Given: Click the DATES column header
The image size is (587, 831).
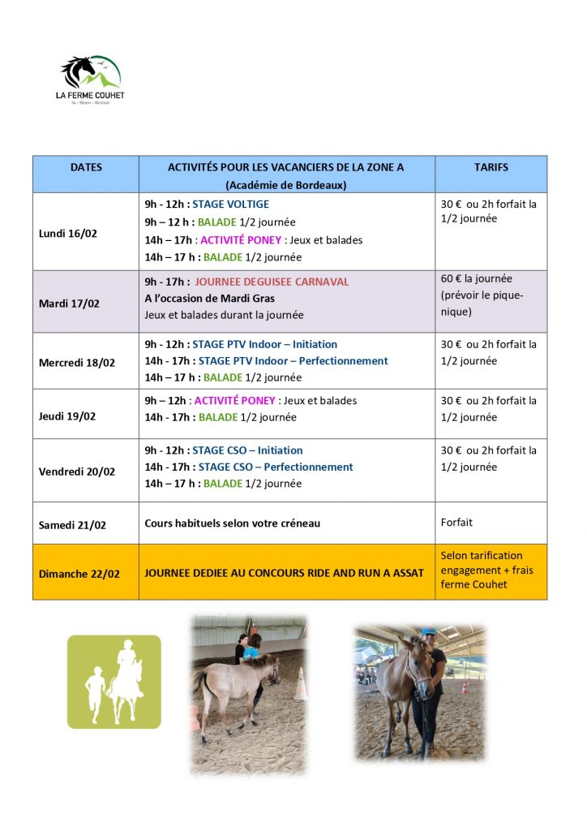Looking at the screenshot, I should [86, 167].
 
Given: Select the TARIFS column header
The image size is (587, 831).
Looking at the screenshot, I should [491, 167].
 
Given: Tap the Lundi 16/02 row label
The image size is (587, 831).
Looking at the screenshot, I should [68, 234].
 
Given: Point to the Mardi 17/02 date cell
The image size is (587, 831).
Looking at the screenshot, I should [69, 304].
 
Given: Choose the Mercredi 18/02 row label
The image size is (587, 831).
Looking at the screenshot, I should [77, 363].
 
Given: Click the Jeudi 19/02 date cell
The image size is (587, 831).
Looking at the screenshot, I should [67, 416].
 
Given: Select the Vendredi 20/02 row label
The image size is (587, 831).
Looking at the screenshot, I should [77, 471].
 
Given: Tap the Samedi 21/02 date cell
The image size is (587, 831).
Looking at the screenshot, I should [72, 525].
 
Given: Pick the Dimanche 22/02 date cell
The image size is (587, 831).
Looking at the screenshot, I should [79, 574].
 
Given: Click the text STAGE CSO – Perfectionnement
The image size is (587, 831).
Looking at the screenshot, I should [276, 467].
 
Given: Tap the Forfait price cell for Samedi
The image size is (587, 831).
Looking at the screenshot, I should [456, 523].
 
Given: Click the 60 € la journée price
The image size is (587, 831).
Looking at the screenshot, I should [477, 278].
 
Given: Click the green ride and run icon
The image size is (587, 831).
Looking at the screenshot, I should [114, 680].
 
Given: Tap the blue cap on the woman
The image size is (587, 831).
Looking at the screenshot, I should [429, 631].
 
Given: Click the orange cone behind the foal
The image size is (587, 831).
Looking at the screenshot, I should [301, 683].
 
